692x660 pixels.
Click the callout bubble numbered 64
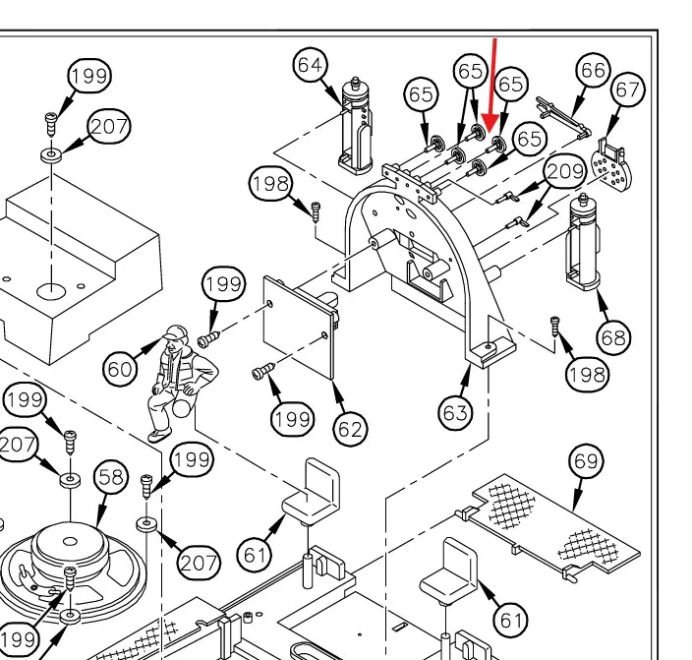click(x=310, y=65)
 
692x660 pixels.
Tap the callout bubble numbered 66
click(x=593, y=70)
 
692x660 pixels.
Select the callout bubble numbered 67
click(x=626, y=90)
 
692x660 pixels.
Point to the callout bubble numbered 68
click(x=612, y=337)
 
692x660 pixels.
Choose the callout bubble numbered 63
click(x=455, y=413)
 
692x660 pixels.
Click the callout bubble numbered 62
click(x=350, y=428)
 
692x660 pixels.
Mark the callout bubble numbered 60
click(x=121, y=369)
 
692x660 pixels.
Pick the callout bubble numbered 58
click(x=111, y=477)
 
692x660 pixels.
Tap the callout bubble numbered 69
click(x=588, y=459)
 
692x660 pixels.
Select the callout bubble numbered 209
click(x=564, y=172)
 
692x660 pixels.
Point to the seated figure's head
click(x=175, y=334)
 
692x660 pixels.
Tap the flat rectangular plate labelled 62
click(x=301, y=334)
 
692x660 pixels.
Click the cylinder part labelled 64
click(x=355, y=126)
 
